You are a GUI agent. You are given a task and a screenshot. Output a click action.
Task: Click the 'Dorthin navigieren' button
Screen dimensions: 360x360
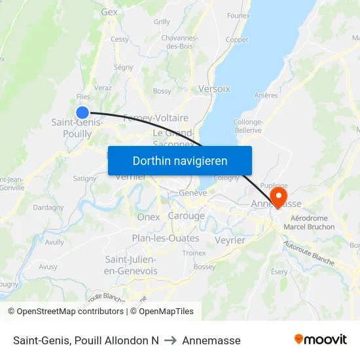coord(180,160)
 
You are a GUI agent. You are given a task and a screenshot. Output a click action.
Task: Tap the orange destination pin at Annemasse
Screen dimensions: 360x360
coord(279,197)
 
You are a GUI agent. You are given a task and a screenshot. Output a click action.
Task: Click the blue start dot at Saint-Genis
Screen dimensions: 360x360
coord(82,113)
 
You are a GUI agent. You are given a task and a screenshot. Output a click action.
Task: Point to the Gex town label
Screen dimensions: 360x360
coord(109,12)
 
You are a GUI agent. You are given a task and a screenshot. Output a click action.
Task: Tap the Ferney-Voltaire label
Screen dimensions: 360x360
coord(156,118)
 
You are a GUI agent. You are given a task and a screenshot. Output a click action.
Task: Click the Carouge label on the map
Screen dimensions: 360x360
coord(186,216)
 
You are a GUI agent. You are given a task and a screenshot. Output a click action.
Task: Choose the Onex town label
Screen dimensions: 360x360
coord(149,217)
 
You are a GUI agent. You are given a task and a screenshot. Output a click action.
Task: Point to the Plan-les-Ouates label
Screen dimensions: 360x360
coord(166,238)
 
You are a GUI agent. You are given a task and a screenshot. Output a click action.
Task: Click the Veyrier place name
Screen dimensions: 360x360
coord(229,240)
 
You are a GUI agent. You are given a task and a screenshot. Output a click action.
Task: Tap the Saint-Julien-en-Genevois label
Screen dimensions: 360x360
coord(131,265)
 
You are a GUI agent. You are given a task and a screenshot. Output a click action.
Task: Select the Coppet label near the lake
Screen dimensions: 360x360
coord(236,39)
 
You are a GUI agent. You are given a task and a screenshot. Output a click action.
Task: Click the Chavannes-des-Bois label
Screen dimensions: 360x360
coord(179,43)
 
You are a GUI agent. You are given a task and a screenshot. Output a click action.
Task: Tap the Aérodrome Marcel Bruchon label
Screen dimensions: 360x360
coord(312,223)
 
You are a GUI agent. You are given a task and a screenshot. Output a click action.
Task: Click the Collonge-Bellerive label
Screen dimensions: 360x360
coord(247,126)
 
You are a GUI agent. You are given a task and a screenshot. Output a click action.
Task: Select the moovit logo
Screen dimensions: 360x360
coord(321,340)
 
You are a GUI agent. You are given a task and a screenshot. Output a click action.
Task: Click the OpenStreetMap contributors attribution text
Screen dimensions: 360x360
coord(65,312)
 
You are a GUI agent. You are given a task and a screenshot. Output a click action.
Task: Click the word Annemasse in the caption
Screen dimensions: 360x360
coord(211,340)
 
